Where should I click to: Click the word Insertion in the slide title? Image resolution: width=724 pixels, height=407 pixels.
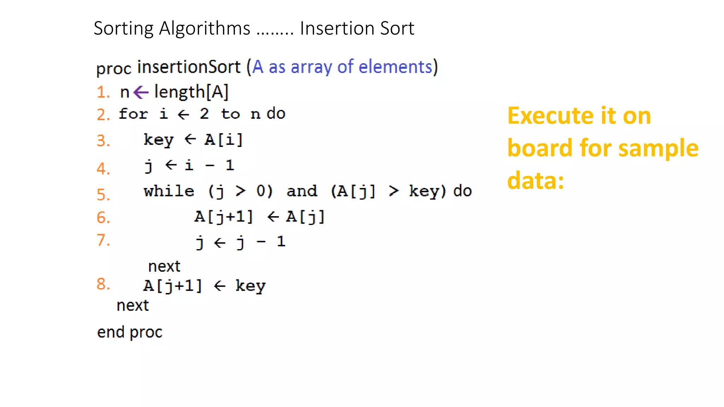[x=337, y=28]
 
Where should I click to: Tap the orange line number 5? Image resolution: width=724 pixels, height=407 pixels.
[x=103, y=194]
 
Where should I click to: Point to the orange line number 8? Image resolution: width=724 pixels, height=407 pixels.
[x=103, y=284]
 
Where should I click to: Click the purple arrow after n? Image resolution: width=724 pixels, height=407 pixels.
[x=141, y=93]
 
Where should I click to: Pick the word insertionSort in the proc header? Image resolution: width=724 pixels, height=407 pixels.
[x=189, y=67]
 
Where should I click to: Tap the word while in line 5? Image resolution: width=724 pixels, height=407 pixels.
[x=169, y=191]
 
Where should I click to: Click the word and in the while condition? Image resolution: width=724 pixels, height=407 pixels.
[x=302, y=191]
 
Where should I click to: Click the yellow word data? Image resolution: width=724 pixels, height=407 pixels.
[x=535, y=181]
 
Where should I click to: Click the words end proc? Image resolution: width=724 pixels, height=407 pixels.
[x=130, y=332]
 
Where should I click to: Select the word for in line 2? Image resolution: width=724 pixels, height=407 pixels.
[x=133, y=114]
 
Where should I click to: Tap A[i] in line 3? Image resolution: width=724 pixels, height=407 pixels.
[x=223, y=140]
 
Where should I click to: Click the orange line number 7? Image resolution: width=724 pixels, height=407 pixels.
[x=103, y=240]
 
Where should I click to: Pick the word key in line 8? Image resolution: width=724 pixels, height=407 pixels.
[x=250, y=286]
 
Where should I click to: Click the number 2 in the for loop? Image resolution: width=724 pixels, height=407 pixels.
[x=204, y=114]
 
